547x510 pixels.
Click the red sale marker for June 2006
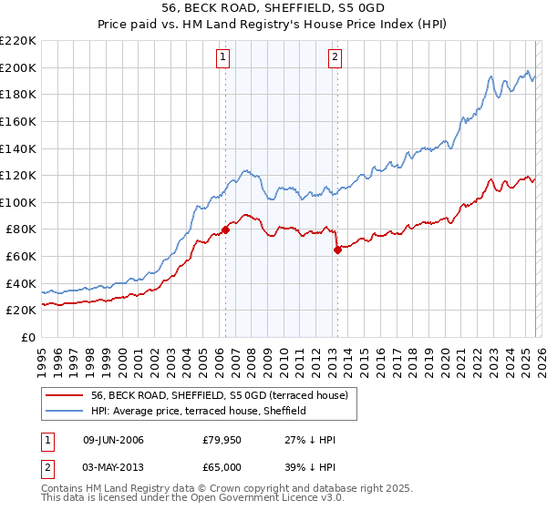[225, 229]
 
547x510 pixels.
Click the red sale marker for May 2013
[337, 250]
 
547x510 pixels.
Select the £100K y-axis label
[19, 202]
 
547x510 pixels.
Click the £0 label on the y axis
[28, 337]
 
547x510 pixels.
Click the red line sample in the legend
[65, 395]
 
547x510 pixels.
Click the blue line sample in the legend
[65, 411]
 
